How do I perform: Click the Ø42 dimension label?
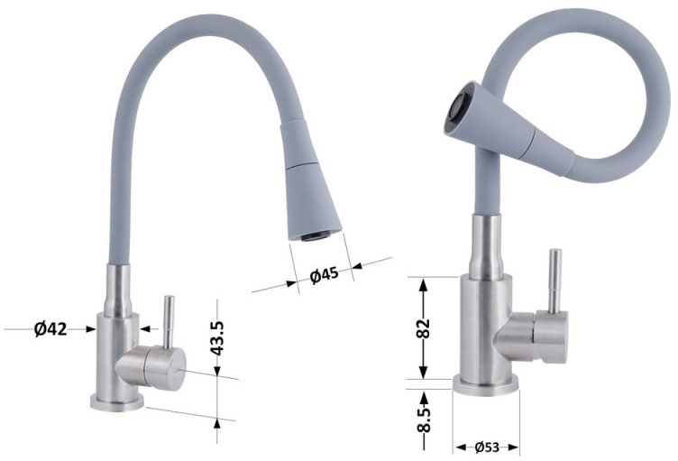click(50, 329)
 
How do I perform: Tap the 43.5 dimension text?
click(217, 338)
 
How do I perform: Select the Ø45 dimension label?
click(325, 274)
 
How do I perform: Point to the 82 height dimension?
click(424, 328)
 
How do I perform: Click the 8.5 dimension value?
click(424, 420)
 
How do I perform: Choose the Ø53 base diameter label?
click(487, 447)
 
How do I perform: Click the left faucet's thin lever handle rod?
click(169, 322)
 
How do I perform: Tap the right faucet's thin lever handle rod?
click(554, 281)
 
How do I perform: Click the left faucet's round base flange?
click(116, 402)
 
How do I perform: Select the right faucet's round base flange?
click(486, 386)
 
